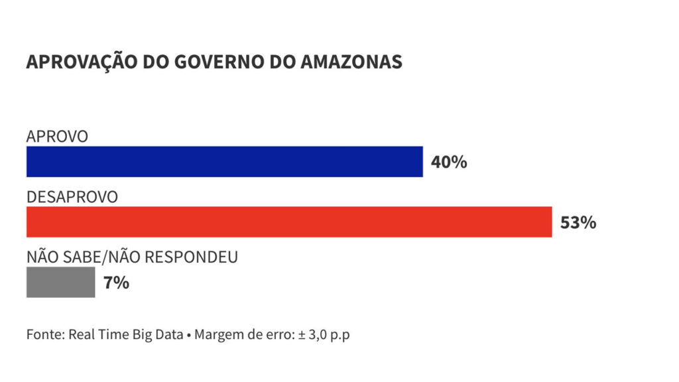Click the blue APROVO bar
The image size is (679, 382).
click(224, 162)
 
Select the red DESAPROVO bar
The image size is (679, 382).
click(289, 222)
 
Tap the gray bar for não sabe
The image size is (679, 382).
click(60, 283)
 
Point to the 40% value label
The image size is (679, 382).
click(449, 162)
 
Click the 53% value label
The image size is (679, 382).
click(578, 223)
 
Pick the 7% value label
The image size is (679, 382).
click(116, 283)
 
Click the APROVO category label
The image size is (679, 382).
click(57, 137)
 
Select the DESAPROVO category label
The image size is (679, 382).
click(72, 197)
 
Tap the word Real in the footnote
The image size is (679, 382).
click(81, 334)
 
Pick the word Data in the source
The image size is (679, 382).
click(169, 334)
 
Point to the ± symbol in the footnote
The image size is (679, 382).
click(300, 334)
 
